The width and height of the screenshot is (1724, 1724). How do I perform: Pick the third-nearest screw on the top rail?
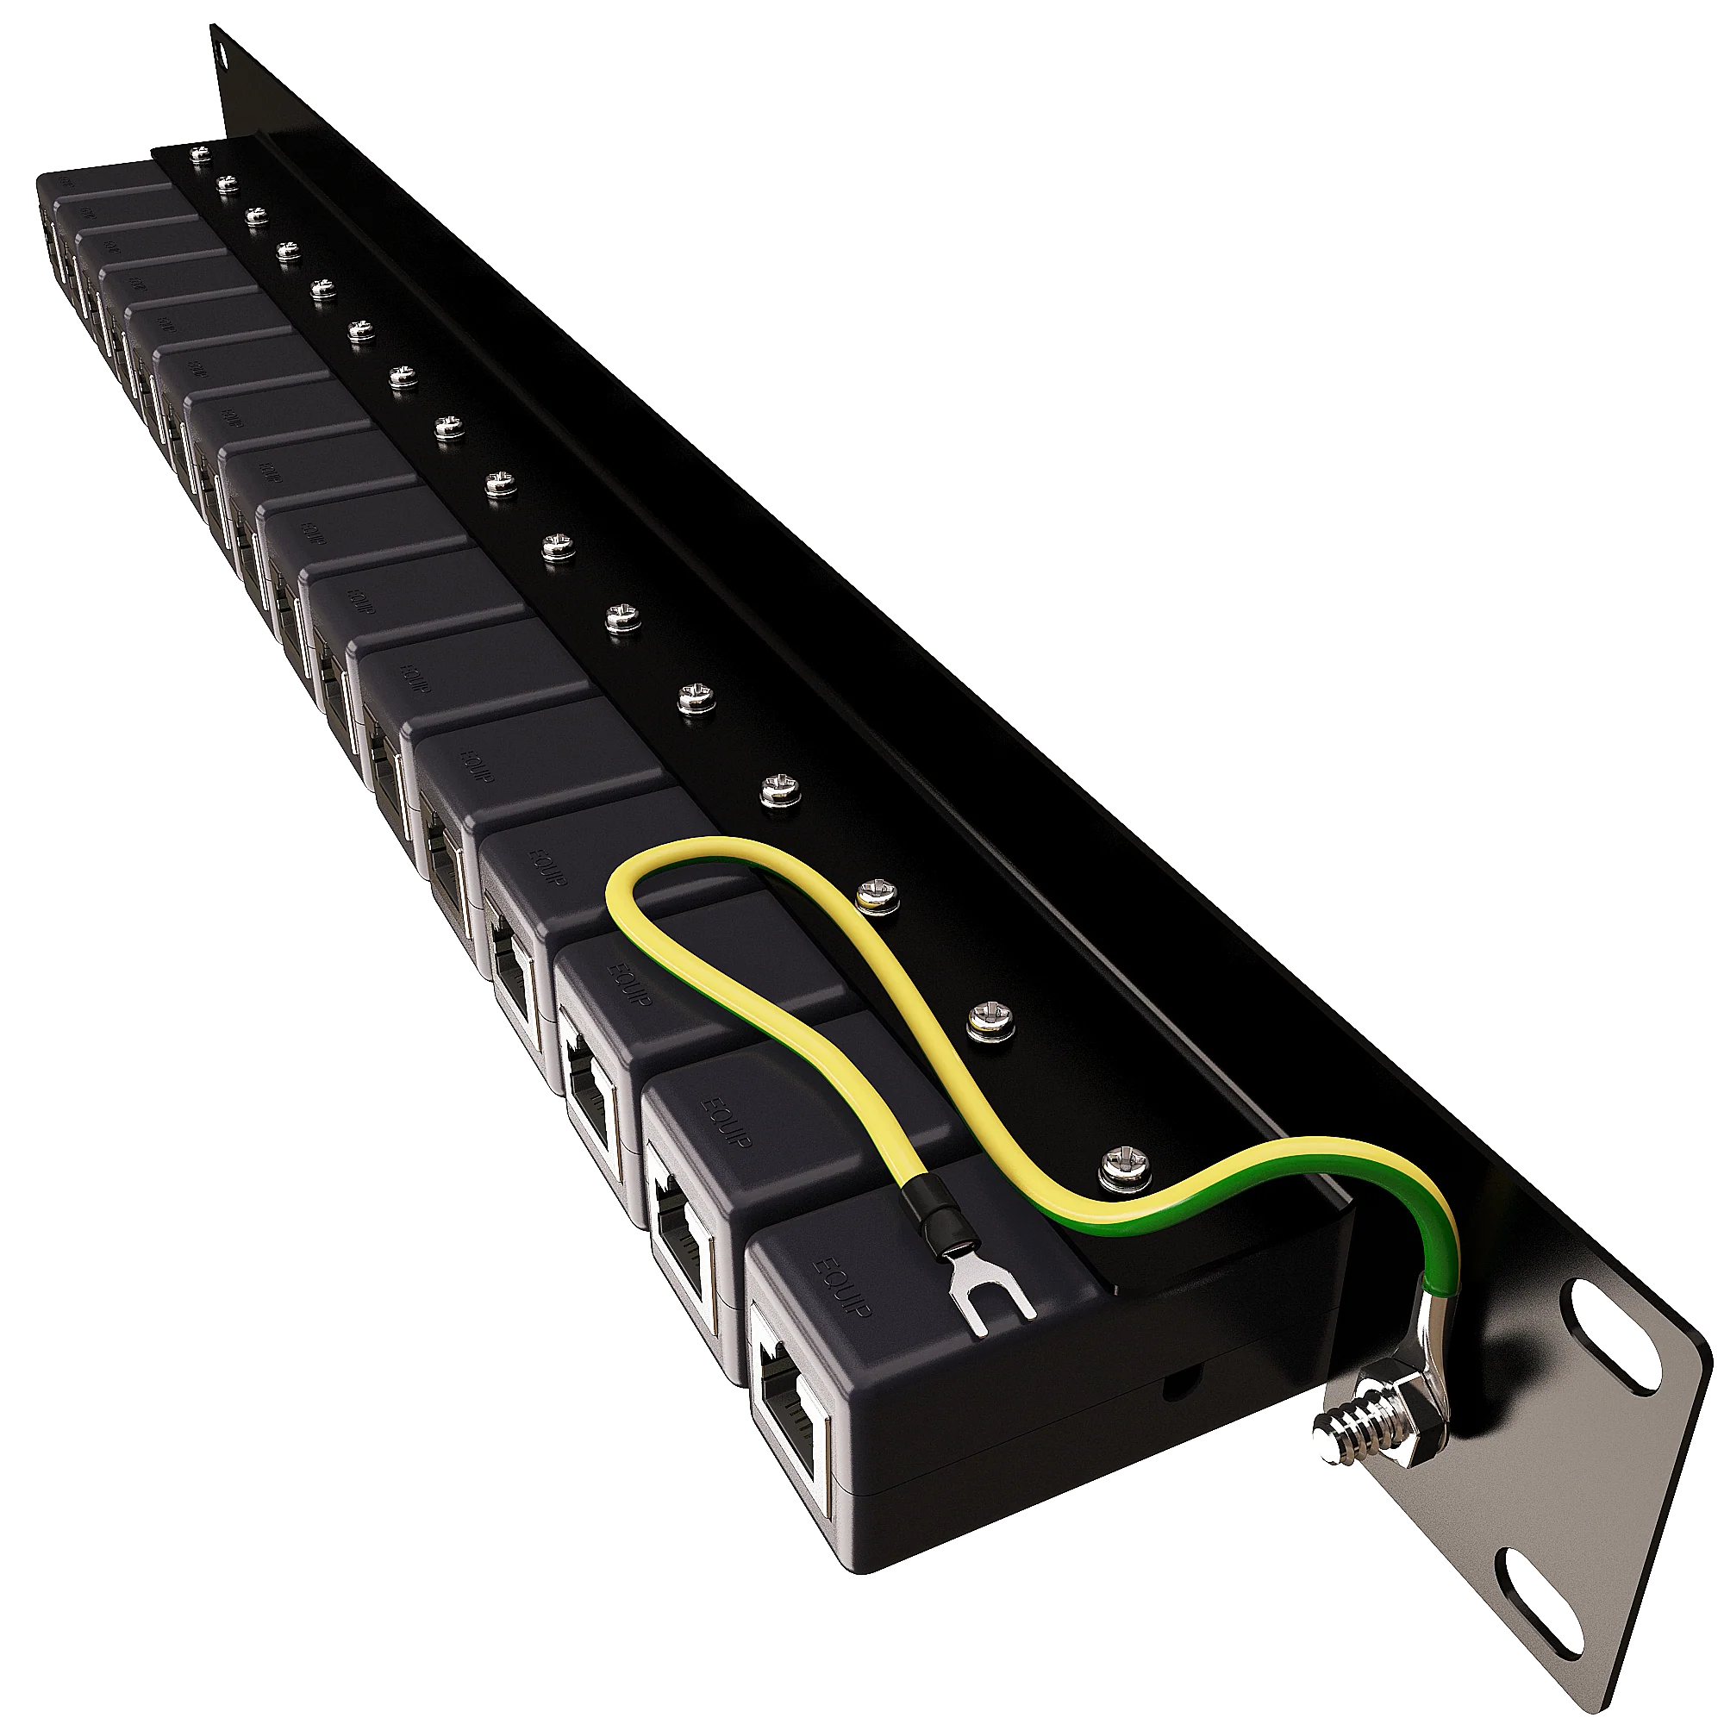tap(873, 896)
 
